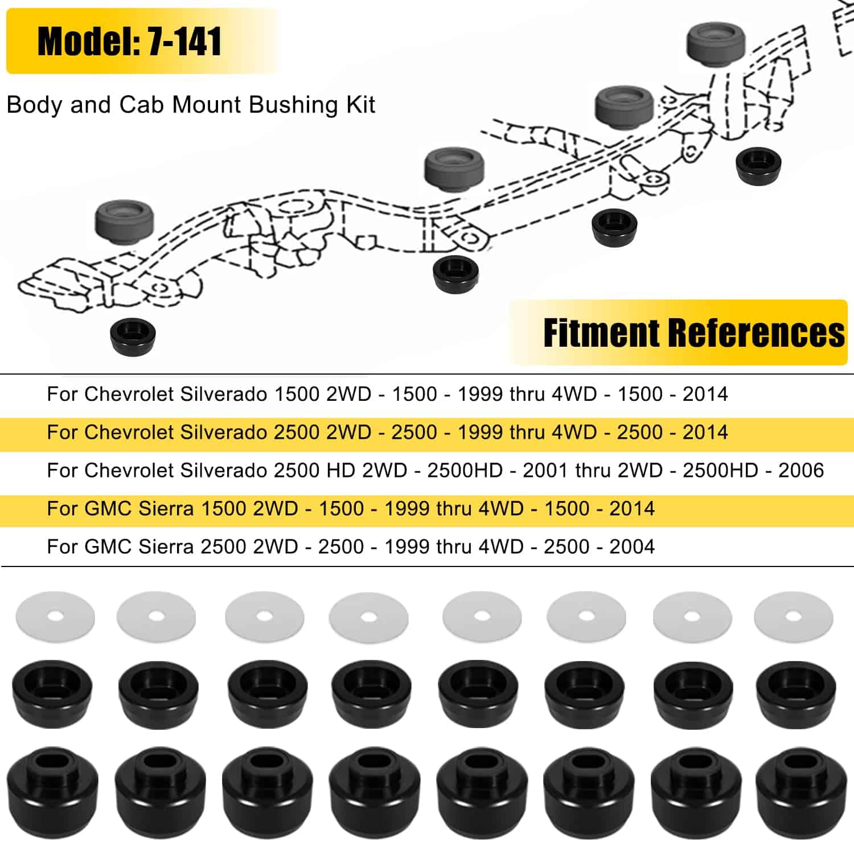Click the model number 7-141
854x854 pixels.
pyautogui.click(x=184, y=42)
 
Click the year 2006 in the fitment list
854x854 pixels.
pyautogui.click(x=801, y=470)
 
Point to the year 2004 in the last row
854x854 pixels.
pyautogui.click(x=632, y=547)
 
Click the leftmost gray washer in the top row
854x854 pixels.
pyautogui.click(x=55, y=617)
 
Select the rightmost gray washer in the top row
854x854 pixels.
pyautogui.click(x=793, y=616)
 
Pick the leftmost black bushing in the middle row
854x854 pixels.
pyautogui.click(x=52, y=686)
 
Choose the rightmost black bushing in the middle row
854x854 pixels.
pyautogui.click(x=796, y=686)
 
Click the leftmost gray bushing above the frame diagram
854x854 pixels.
pyautogui.click(x=125, y=221)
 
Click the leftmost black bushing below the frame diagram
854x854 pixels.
pyautogui.click(x=133, y=336)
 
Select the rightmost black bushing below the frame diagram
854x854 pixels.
pyautogui.click(x=758, y=165)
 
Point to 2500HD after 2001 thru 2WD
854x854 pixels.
pyautogui.click(x=720, y=470)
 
